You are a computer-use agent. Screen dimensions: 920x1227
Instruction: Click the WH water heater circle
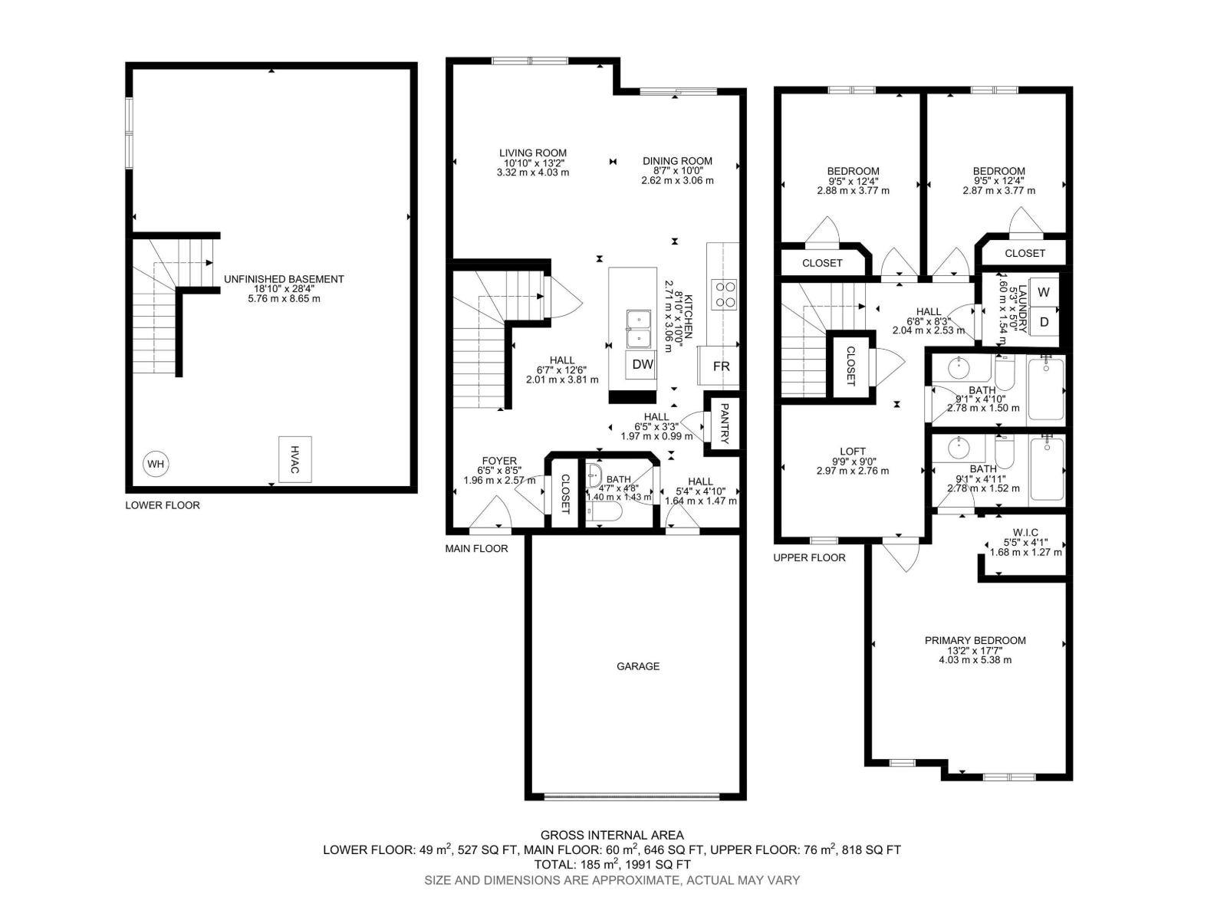(x=156, y=464)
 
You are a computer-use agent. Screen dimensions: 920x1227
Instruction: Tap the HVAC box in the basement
(x=295, y=459)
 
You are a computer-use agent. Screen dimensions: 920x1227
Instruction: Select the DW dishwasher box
(x=643, y=366)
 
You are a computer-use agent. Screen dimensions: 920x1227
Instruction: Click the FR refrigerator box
(x=721, y=366)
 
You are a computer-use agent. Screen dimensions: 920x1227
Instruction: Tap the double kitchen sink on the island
(x=638, y=329)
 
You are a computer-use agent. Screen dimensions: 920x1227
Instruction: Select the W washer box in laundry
(x=1044, y=293)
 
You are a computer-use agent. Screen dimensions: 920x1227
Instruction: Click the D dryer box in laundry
(x=1044, y=323)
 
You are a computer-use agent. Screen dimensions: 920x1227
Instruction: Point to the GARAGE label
(x=638, y=666)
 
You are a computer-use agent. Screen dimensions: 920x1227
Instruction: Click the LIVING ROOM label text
(x=533, y=153)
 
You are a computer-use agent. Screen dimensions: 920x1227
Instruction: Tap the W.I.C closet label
(x=1025, y=533)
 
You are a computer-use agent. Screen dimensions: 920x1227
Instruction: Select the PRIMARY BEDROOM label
(x=975, y=641)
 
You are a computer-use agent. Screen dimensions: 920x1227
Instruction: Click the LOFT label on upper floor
(x=853, y=452)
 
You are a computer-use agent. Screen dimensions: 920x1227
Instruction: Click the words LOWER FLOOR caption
(x=163, y=505)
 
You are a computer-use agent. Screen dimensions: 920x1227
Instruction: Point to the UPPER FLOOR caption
(x=809, y=557)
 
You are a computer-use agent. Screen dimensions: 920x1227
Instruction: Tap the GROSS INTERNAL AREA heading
(x=612, y=835)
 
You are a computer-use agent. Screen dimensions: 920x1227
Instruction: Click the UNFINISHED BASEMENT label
(x=284, y=279)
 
